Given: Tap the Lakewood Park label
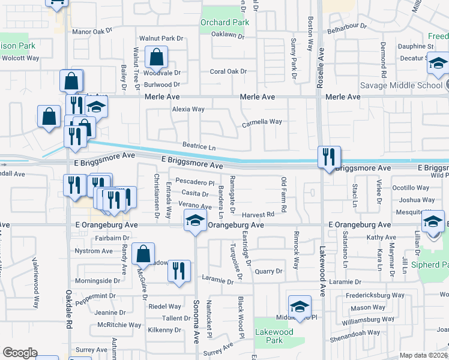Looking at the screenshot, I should (274, 336).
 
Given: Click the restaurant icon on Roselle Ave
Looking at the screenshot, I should (329, 157).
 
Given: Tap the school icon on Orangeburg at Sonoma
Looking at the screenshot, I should (195, 221).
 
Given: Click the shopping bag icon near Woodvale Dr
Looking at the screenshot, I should (156, 58).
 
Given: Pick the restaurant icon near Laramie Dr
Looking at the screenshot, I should (179, 271).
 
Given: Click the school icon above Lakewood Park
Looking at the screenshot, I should (300, 307).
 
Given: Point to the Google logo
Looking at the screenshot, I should (20, 353).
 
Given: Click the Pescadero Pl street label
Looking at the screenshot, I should (195, 182).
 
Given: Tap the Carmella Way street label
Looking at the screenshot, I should (262, 122).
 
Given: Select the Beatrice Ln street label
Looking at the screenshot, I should (199, 146).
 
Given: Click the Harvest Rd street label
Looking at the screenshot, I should (258, 214).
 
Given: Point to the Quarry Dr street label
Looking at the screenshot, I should (268, 271).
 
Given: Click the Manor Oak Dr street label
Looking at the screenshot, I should (92, 31).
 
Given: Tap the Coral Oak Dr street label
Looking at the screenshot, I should (228, 71).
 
